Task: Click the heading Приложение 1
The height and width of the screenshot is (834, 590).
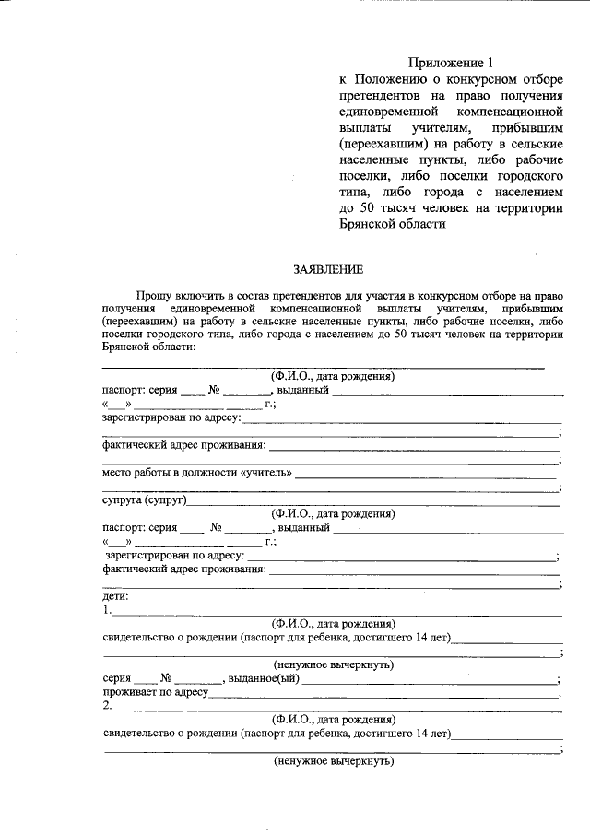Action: pyautogui.click(x=451, y=63)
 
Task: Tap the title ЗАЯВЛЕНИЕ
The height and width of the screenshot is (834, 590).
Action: pyautogui.click(x=328, y=270)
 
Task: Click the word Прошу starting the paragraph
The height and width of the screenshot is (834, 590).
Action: pyautogui.click(x=152, y=294)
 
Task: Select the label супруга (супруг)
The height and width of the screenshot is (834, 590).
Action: pyautogui.click(x=145, y=500)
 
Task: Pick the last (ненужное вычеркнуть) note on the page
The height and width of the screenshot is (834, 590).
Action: pyautogui.click(x=334, y=761)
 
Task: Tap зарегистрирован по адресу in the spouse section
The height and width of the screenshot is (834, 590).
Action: pyautogui.click(x=174, y=556)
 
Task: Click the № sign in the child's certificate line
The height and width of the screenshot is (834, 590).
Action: pyautogui.click(x=167, y=679)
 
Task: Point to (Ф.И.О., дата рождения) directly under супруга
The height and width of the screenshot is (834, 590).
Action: pyautogui.click(x=334, y=514)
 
